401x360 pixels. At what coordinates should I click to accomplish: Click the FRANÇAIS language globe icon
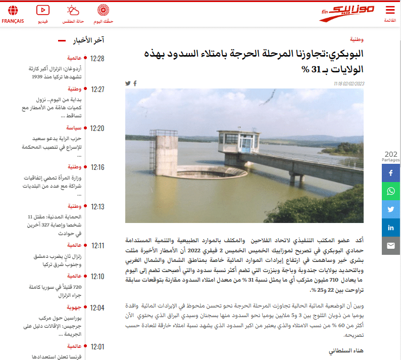pos(13,10)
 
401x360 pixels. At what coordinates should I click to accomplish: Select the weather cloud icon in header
pos(73,10)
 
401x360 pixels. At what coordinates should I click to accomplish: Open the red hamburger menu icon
pos(390,10)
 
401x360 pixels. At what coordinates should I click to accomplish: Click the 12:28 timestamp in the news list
pos(97,59)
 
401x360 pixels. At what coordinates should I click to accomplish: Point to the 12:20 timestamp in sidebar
pos(97,128)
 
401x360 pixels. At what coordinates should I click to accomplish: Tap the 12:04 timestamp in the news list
pos(97,308)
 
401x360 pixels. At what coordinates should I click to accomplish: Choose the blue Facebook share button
pos(391,173)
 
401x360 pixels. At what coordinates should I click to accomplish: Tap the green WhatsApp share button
pos(391,191)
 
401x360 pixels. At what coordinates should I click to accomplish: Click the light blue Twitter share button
pos(391,209)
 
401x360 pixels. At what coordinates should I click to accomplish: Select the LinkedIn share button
pos(391,228)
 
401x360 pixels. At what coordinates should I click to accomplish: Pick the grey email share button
pos(391,246)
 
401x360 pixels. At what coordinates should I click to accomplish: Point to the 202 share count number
pos(391,154)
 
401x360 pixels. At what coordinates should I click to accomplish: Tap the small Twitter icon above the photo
pos(128,83)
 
